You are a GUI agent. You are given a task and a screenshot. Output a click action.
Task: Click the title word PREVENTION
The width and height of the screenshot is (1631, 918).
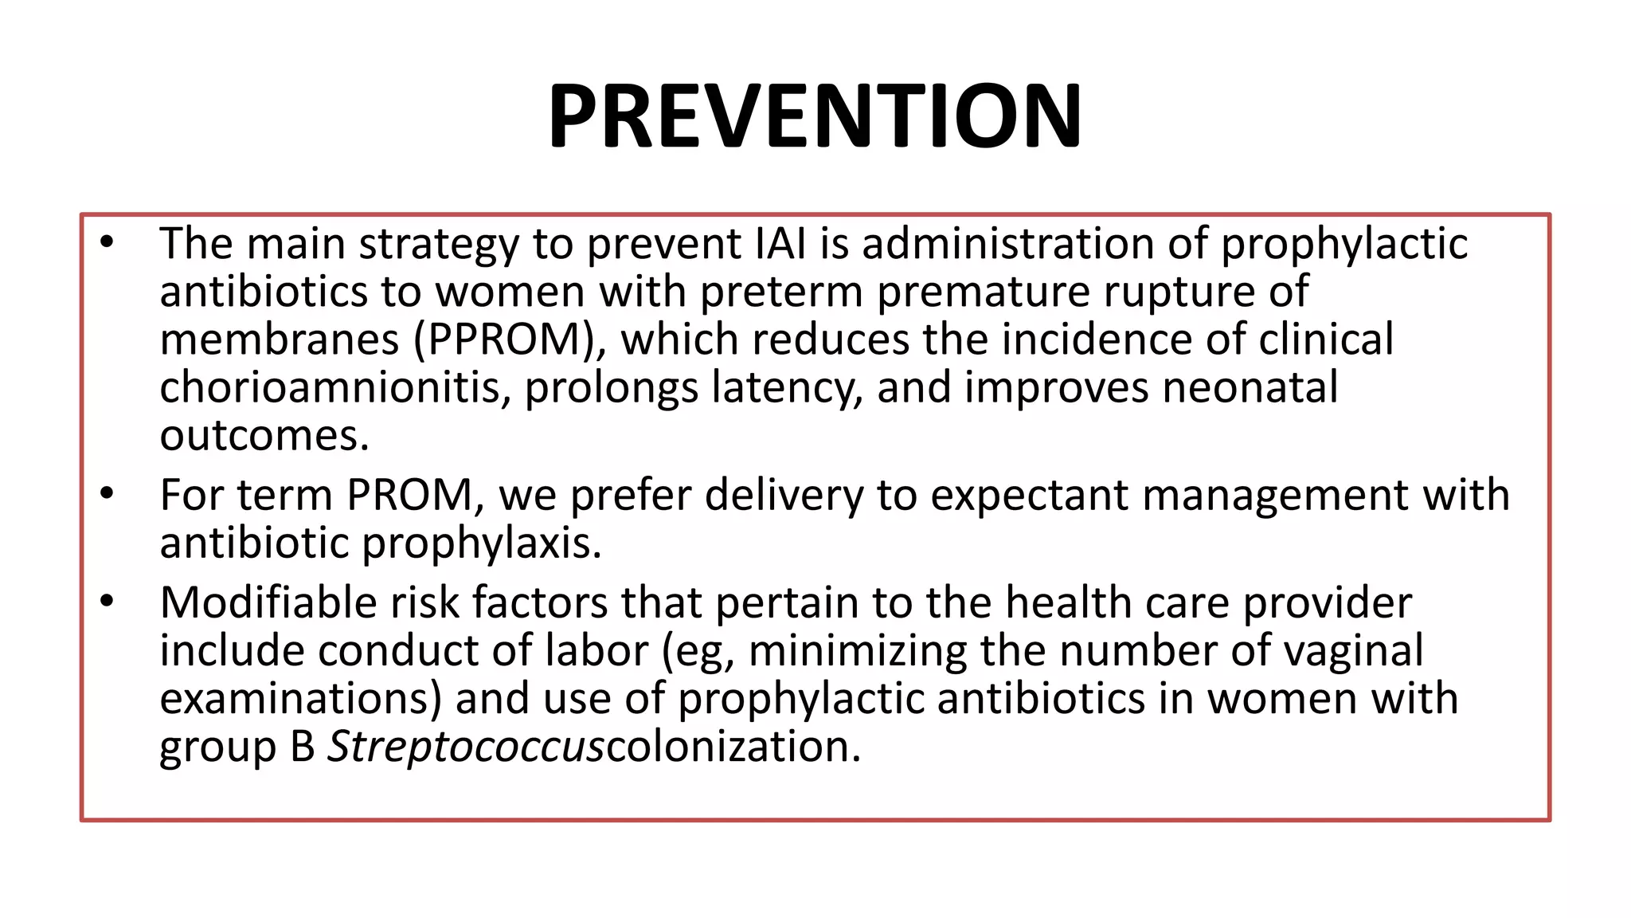point(815,116)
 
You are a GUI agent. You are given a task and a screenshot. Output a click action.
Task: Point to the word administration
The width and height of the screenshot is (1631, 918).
point(1008,244)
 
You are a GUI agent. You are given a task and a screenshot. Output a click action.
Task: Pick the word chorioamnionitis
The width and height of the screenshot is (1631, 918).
point(334,388)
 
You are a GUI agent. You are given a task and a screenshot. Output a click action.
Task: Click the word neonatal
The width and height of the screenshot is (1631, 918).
point(1250,388)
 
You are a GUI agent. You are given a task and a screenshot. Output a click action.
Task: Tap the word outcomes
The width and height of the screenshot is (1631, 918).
point(264,437)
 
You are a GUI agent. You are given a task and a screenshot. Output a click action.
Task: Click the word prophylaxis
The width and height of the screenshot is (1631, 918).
point(481,544)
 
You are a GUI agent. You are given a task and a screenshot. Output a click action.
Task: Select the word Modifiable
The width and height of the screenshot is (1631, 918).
point(268,603)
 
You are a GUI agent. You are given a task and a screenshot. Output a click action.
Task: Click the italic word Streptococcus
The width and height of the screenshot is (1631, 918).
point(466,747)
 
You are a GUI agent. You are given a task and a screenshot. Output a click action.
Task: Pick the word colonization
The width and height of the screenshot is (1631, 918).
point(733,747)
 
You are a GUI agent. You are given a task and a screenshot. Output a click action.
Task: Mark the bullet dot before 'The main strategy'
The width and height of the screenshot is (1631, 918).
point(108,242)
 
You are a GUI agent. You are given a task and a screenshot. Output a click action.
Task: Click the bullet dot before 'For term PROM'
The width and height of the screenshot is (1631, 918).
point(108,494)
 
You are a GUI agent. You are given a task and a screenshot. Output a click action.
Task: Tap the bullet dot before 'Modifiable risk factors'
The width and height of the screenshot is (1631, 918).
point(108,602)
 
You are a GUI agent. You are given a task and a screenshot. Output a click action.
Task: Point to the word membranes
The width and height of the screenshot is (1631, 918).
point(279,340)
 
